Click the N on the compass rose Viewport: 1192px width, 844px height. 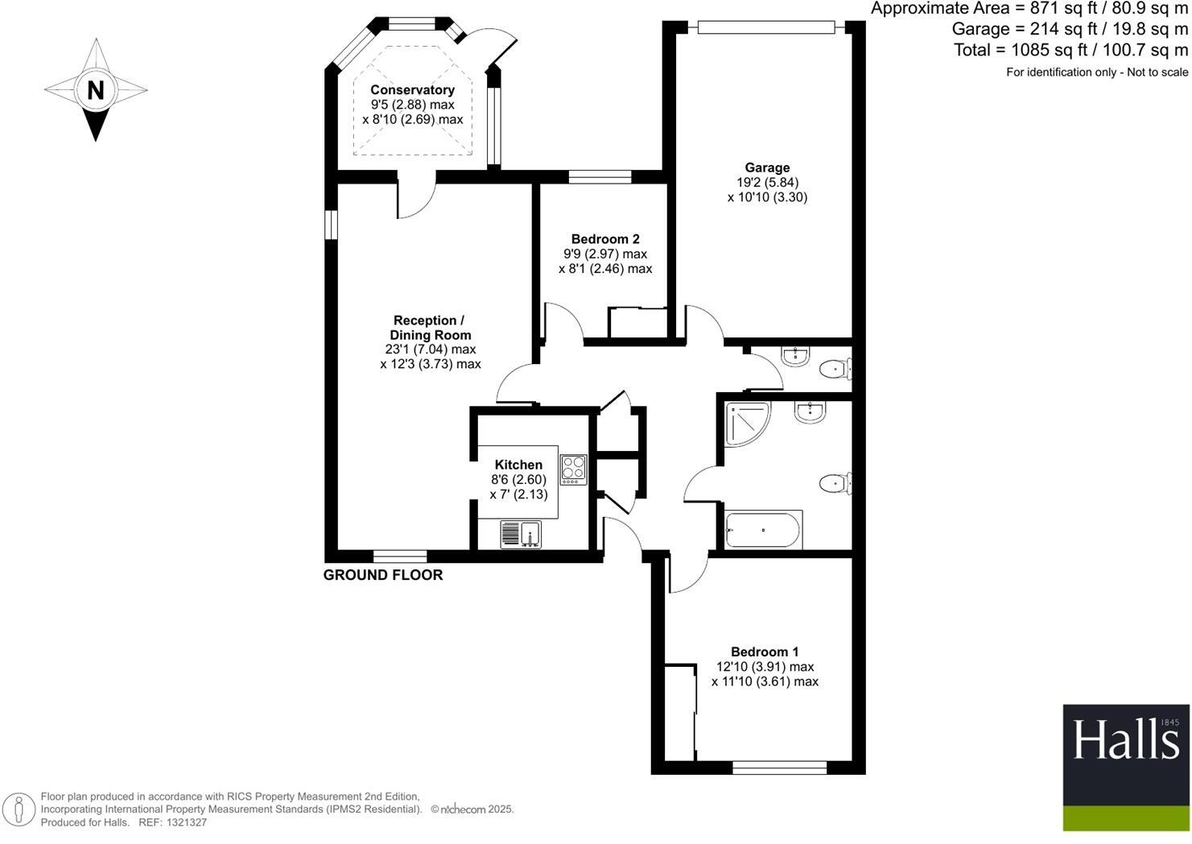coord(96,89)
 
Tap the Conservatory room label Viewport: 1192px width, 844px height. coord(412,90)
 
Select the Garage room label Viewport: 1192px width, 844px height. coord(766,168)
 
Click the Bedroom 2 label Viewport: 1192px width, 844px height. coord(605,239)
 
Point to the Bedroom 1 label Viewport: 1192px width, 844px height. coord(765,652)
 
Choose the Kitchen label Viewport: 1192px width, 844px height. coord(518,465)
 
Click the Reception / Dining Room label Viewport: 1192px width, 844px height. coord(430,328)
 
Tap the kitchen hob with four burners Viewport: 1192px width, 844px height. coord(574,470)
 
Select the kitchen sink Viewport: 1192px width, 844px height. coord(521,534)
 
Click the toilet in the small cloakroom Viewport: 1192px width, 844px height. coord(835,370)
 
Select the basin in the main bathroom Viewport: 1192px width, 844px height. coord(808,412)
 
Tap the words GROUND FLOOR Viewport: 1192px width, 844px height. coord(383,575)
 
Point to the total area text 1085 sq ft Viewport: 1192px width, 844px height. coord(1070,50)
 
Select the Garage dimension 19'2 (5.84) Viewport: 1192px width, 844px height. coord(767,182)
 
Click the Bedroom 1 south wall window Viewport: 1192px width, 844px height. coord(779,768)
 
